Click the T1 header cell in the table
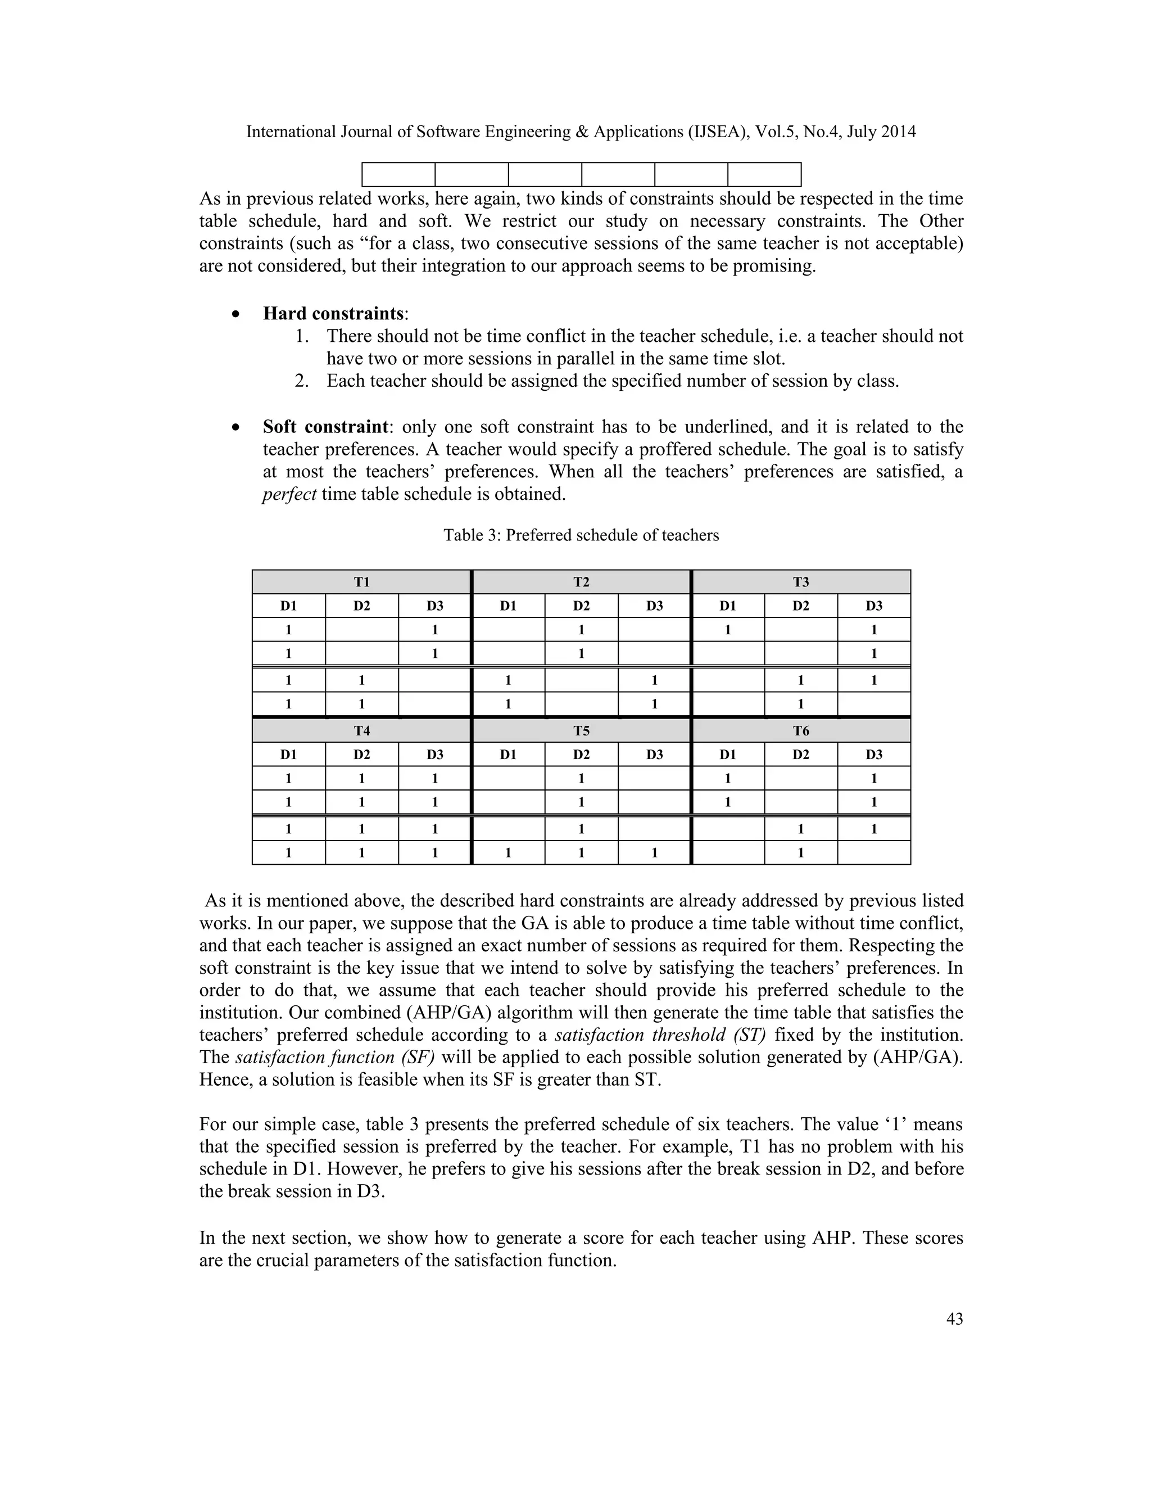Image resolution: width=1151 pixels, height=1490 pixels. point(361,582)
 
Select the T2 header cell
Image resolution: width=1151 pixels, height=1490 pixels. point(581,582)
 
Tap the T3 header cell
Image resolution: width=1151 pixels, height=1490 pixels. point(800,582)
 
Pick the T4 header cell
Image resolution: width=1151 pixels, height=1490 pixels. point(361,731)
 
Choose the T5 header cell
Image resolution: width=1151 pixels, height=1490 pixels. point(581,731)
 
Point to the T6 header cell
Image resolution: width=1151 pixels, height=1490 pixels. point(800,731)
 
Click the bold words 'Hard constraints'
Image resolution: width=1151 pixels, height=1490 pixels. point(333,313)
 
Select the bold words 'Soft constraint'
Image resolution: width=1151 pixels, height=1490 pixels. point(325,427)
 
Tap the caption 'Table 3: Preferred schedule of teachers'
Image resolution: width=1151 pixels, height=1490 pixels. point(581,535)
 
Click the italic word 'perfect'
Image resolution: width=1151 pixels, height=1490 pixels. point(289,494)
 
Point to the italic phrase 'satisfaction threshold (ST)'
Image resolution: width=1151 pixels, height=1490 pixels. point(660,1035)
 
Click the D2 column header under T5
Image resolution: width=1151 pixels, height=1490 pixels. point(581,755)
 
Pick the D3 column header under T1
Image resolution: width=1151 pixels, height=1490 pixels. point(435,606)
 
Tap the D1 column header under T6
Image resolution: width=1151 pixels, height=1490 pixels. point(728,755)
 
